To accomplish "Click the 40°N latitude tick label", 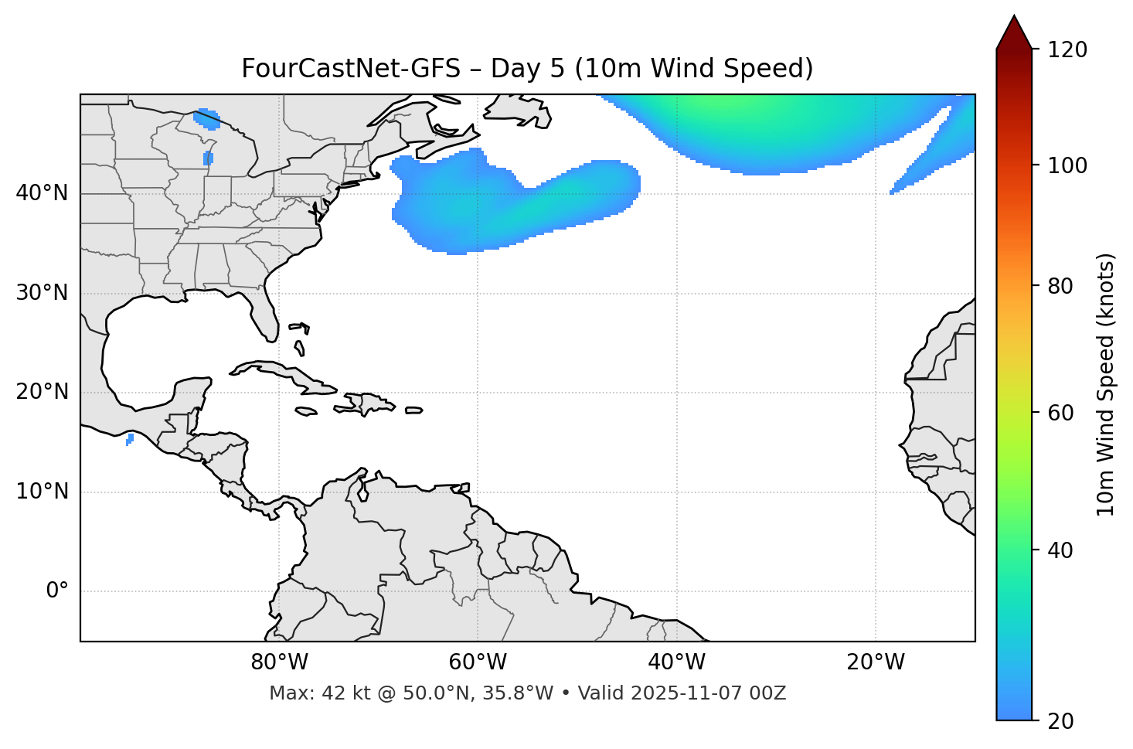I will [42, 193].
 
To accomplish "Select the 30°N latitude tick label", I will [42, 293].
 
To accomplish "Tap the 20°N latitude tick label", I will [42, 392].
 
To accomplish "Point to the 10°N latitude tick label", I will [42, 492].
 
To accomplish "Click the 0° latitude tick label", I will [57, 591].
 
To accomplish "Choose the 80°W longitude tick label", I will [279, 662].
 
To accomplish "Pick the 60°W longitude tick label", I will [478, 662].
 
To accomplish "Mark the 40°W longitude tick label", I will [676, 662].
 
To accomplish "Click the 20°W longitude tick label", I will [876, 662].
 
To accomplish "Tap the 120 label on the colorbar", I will [1067, 50].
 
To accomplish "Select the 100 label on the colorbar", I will [1067, 165].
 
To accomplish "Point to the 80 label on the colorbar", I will [1060, 286].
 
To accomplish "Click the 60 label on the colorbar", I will [1060, 413].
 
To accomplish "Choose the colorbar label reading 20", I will [1060, 721].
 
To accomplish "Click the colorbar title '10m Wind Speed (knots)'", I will [1106, 384].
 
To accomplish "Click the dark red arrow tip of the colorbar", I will [1014, 31].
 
